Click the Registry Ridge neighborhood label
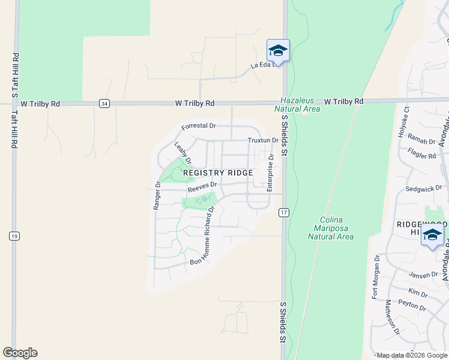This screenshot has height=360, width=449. [x=218, y=172]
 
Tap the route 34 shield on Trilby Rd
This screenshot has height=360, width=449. [x=105, y=104]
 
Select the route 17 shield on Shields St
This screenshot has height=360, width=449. [x=284, y=212]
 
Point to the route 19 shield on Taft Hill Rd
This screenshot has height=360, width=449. [x=13, y=236]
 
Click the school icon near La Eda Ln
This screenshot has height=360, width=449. [x=278, y=51]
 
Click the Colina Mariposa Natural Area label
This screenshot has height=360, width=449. [x=331, y=228]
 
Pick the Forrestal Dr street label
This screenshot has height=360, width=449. [x=199, y=126]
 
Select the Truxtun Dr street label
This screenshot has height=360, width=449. [x=263, y=140]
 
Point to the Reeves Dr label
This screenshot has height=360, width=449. [x=201, y=188]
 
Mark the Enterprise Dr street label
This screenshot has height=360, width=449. [x=271, y=173]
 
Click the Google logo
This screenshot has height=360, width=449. [x=20, y=353]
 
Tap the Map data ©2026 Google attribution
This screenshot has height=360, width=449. [x=411, y=355]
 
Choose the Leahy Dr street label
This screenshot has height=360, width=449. [x=182, y=153]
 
